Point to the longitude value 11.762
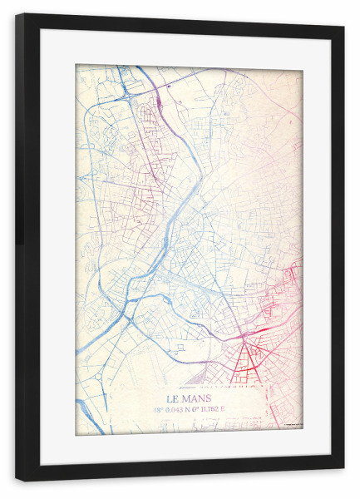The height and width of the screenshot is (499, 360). (212, 409)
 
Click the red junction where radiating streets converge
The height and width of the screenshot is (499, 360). (244, 338)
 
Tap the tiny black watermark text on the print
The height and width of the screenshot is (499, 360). (292, 427)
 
